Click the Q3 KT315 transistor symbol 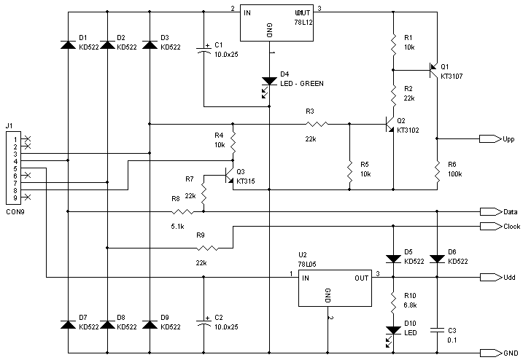[229, 176]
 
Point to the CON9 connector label [15, 212]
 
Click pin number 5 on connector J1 [15, 168]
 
